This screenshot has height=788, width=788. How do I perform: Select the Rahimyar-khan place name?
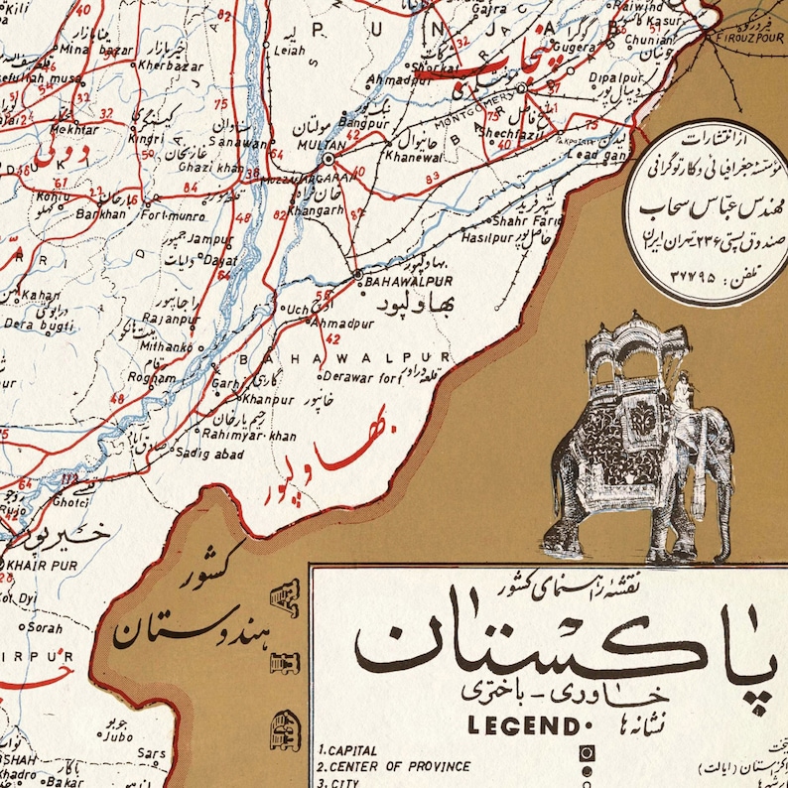click(248, 435)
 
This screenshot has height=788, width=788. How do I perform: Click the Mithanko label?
click(166, 347)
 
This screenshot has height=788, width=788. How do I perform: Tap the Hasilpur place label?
click(486, 238)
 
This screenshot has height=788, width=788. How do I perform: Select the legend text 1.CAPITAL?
click(347, 751)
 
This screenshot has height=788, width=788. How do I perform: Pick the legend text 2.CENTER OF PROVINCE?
click(394, 767)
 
